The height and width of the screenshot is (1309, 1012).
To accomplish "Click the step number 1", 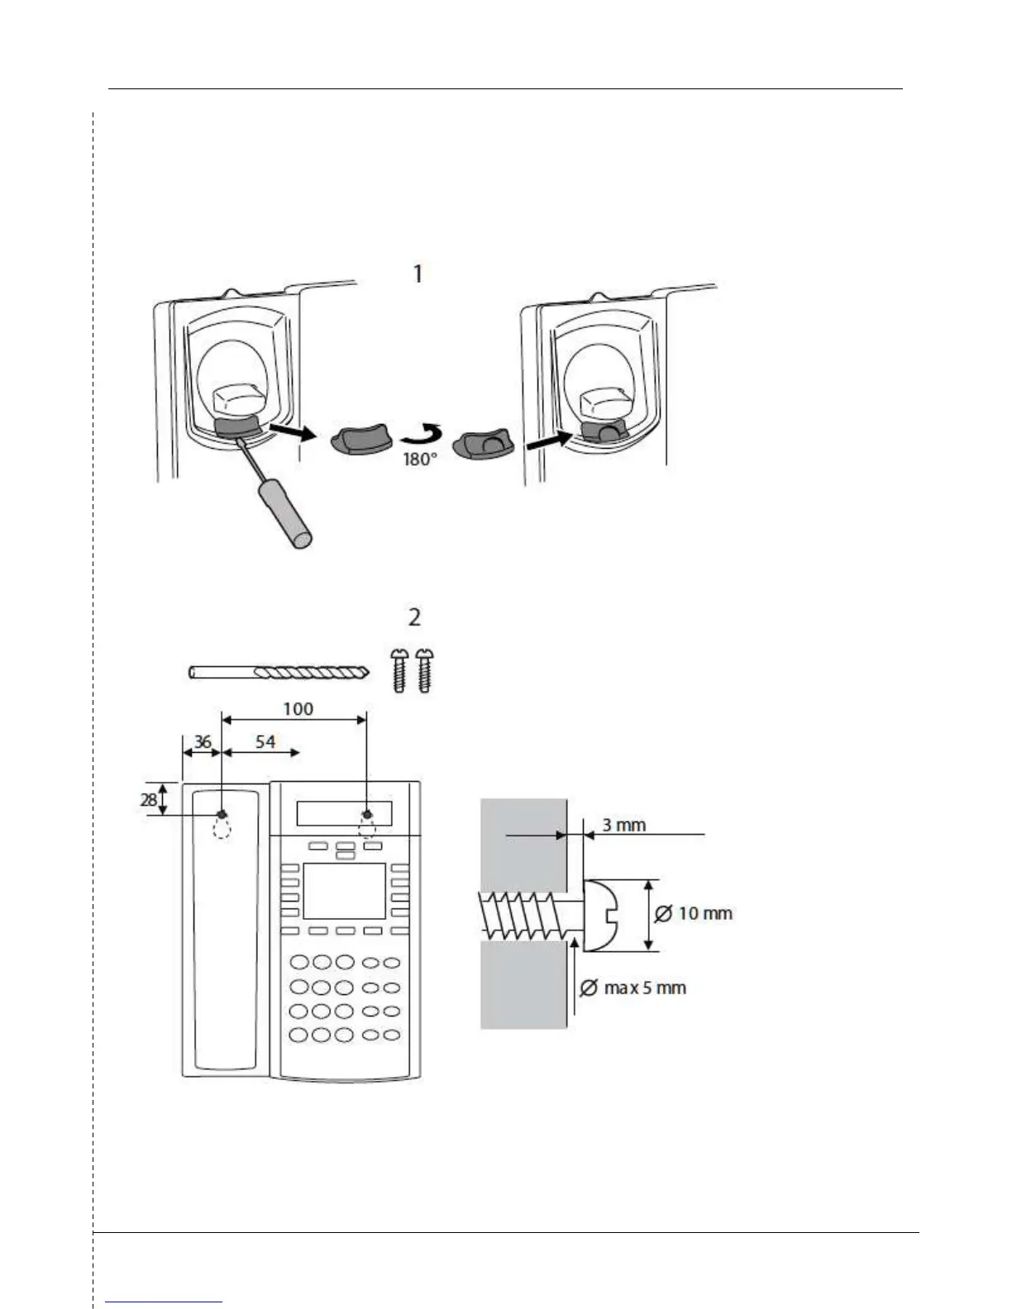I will click(x=418, y=274).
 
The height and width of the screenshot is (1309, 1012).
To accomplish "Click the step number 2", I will click(x=414, y=616).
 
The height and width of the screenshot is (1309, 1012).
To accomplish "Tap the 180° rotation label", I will click(x=419, y=459).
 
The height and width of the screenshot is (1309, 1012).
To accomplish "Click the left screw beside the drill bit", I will click(x=400, y=669).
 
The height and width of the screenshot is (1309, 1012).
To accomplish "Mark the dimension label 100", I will click(x=298, y=709).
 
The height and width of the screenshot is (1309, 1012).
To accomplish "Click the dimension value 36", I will click(x=202, y=741).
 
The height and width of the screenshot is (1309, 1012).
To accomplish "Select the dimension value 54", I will click(x=265, y=741).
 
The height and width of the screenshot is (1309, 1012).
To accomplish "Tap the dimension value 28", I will click(x=149, y=800).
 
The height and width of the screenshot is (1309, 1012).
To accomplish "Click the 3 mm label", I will click(x=623, y=825).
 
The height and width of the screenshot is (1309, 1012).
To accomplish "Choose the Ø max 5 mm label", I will click(x=633, y=988).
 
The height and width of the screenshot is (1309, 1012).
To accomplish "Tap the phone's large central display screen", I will click(x=344, y=891).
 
